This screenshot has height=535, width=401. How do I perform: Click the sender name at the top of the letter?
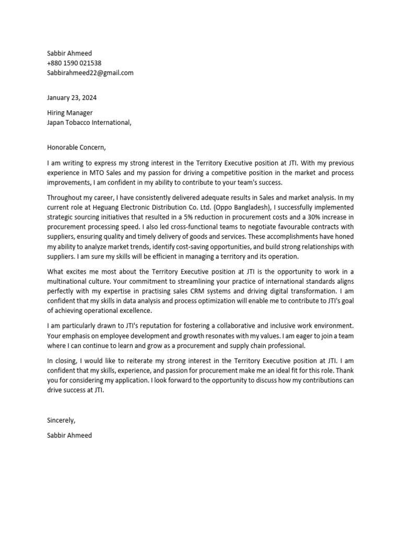(x=69, y=53)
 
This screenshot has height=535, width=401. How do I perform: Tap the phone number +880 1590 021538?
(x=74, y=63)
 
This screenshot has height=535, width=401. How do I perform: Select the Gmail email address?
(x=90, y=73)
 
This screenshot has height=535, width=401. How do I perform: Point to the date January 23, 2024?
(x=72, y=98)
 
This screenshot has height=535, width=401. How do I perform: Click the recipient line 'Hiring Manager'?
(x=70, y=113)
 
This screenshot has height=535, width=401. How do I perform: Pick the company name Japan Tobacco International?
(x=89, y=123)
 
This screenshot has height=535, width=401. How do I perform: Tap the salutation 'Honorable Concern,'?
(x=76, y=147)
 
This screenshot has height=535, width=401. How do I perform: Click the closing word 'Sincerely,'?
(x=62, y=420)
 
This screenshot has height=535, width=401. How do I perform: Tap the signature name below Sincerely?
(x=69, y=435)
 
